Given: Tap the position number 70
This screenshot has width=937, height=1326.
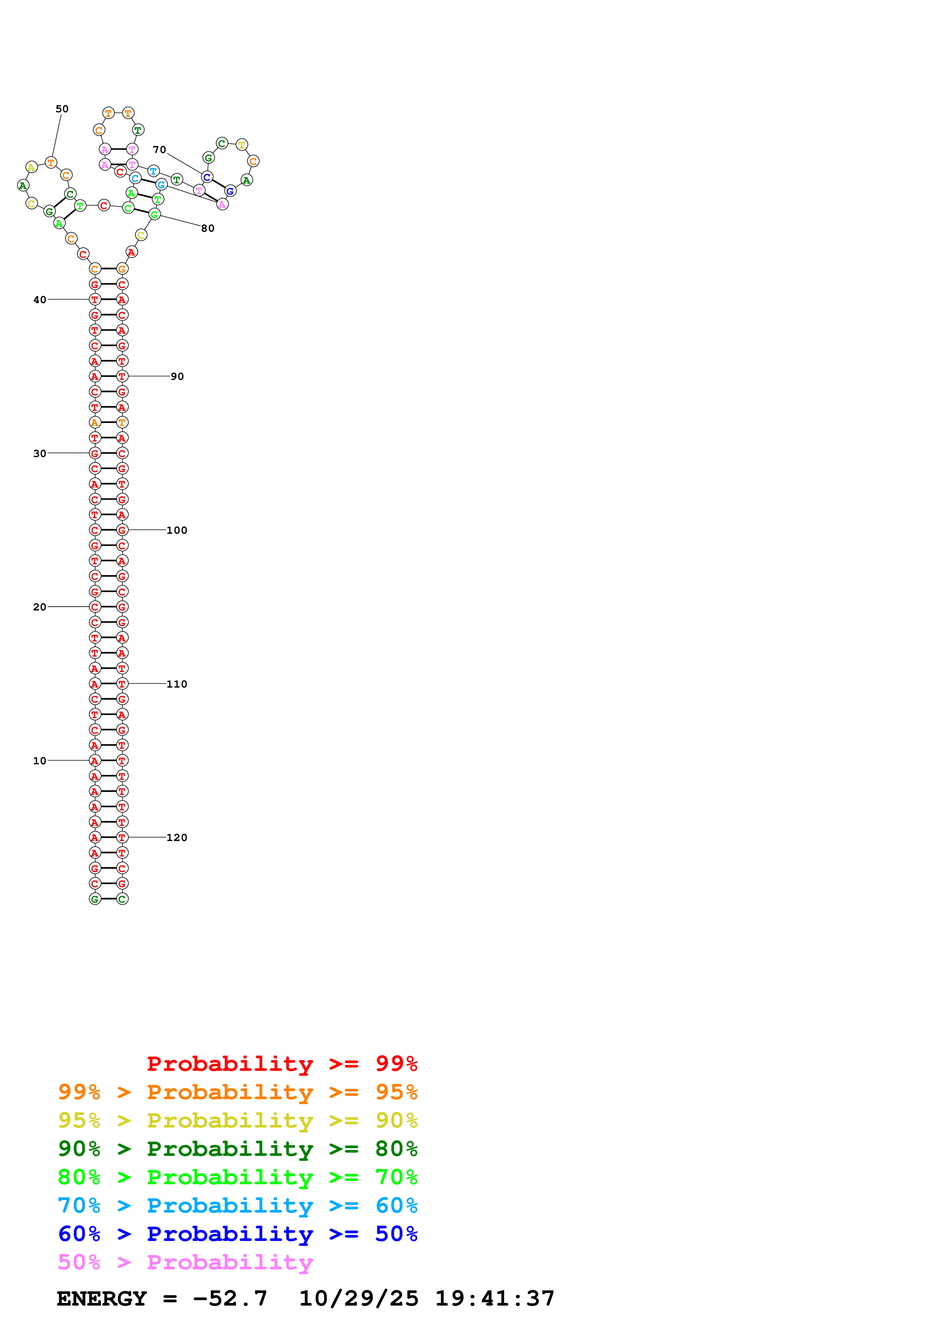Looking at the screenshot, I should point(160,150).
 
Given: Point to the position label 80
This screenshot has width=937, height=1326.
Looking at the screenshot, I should point(208,228).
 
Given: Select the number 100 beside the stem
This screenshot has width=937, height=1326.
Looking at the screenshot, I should point(177,530).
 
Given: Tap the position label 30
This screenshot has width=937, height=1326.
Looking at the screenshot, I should point(40,453).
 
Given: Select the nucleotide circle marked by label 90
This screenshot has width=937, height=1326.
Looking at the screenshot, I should point(122,376).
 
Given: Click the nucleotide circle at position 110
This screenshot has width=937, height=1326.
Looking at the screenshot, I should point(122,684).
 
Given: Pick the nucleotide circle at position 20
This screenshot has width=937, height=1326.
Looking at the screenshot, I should point(94,607).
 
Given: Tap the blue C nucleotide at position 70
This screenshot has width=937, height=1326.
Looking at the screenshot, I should point(207,177).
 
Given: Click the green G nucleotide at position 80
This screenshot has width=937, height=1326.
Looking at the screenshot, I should point(154,215).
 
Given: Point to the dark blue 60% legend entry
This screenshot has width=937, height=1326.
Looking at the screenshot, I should point(238,1234).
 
